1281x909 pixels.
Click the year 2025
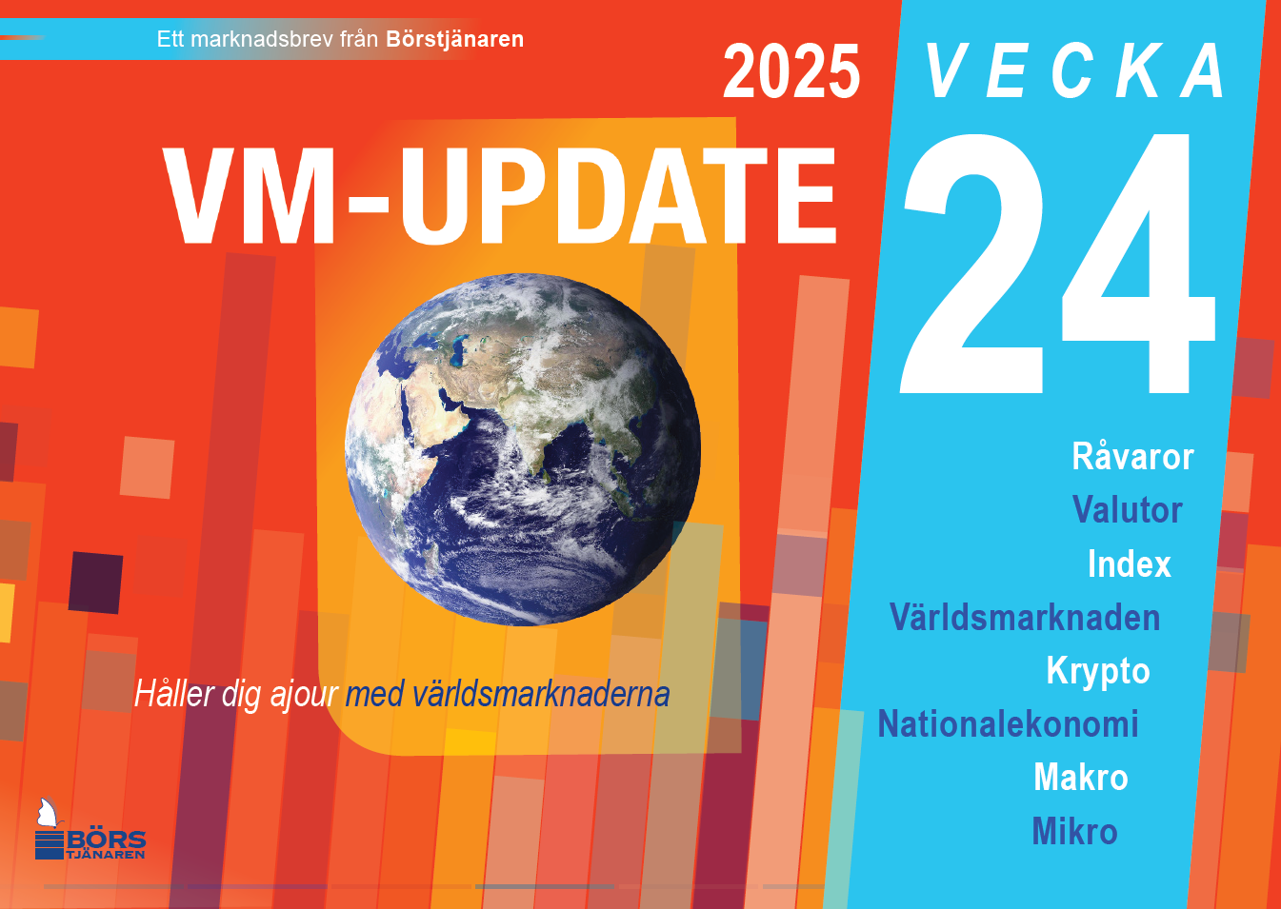(791, 71)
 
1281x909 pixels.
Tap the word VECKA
(1074, 70)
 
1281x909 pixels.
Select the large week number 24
(1058, 264)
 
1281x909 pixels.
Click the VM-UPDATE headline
(500, 195)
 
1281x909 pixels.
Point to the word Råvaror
(1132, 456)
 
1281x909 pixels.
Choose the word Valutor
(1127, 509)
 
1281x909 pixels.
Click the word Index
(1130, 563)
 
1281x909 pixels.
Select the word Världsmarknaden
(1025, 617)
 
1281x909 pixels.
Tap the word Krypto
(1098, 671)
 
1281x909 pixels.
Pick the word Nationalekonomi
(1008, 723)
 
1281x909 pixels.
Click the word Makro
(1081, 777)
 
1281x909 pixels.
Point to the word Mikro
(1074, 831)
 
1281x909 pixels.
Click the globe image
(523, 449)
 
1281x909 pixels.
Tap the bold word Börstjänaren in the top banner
(454, 39)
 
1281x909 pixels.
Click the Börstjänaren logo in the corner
(90, 829)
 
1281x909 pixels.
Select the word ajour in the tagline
(304, 695)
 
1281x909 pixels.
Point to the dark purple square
(95, 583)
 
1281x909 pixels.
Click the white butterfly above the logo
(49, 813)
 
